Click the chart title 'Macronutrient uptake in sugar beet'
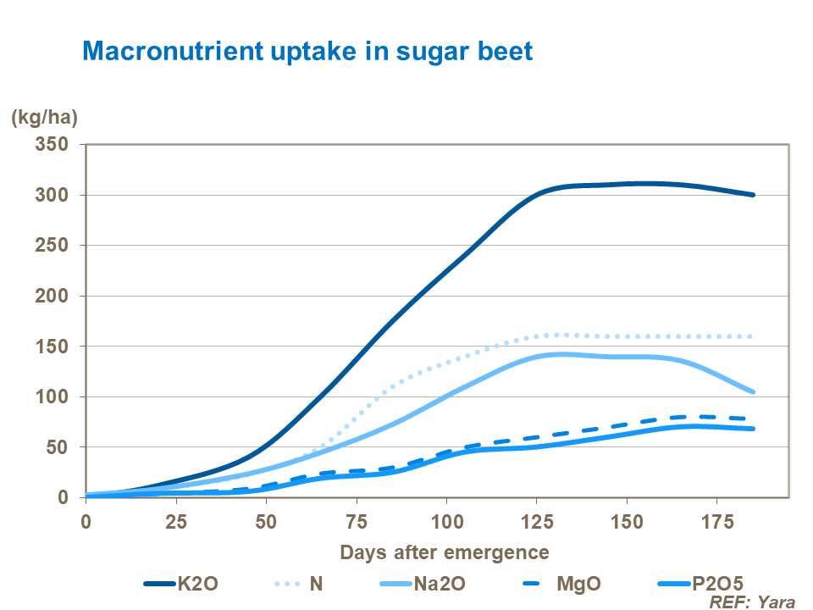click(x=307, y=51)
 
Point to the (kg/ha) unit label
click(x=43, y=119)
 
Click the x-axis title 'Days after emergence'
click(x=445, y=552)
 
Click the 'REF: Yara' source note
click(x=752, y=602)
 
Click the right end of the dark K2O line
click(x=752, y=195)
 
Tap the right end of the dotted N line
click(x=752, y=336)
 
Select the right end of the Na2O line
click(x=752, y=392)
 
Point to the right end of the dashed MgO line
click(x=750, y=419)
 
